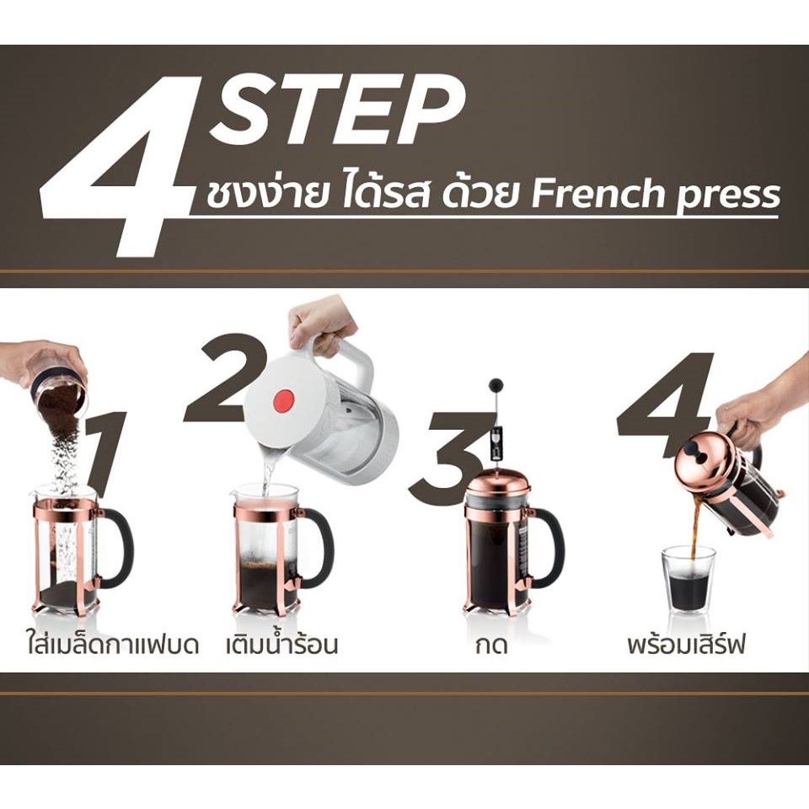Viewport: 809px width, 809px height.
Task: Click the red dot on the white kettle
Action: pos(281,401)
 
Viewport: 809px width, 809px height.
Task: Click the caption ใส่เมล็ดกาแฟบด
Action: pos(112,645)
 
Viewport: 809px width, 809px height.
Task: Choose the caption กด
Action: pos(491,646)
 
